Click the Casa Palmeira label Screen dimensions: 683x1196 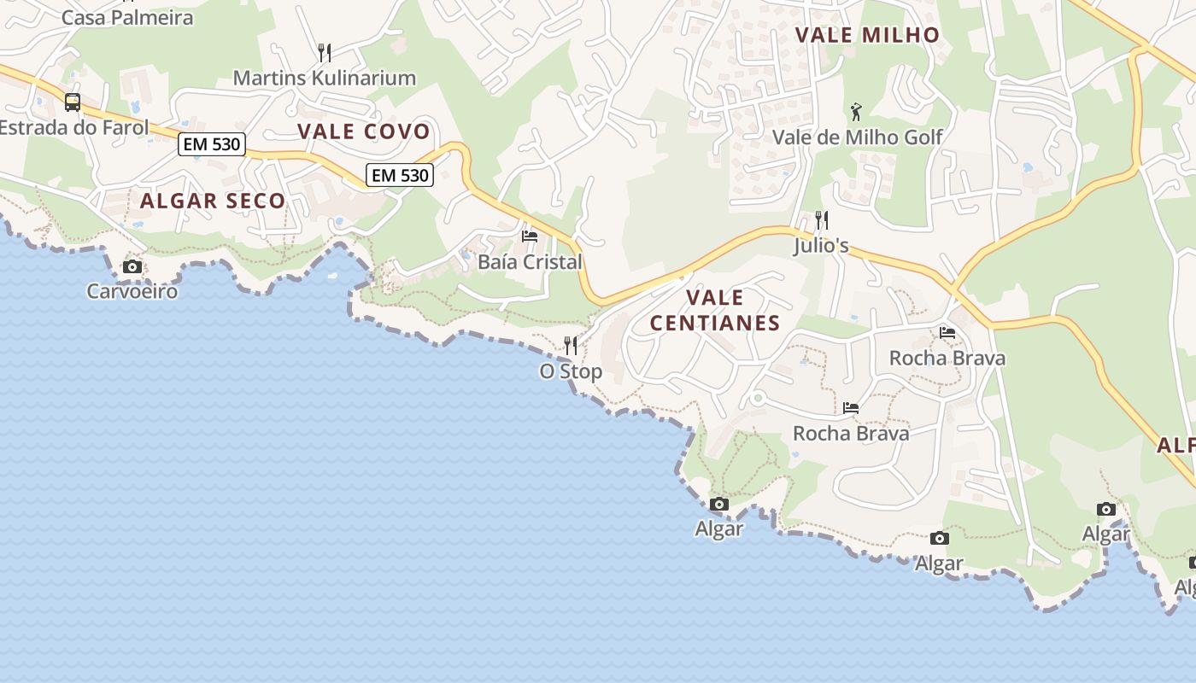[127, 17]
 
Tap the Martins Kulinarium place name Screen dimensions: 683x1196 [324, 78]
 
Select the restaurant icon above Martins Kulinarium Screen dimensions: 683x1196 [324, 53]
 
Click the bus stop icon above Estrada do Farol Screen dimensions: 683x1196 [73, 102]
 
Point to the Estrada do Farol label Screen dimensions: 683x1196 [73, 128]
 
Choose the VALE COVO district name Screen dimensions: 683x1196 [363, 131]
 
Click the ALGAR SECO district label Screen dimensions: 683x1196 [213, 201]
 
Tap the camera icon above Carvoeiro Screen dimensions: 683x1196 [132, 266]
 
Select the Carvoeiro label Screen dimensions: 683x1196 [132, 291]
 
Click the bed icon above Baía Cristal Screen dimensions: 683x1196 [530, 236]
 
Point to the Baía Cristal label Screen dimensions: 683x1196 [530, 262]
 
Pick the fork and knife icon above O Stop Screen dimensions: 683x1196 [571, 346]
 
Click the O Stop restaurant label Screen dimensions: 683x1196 [571, 371]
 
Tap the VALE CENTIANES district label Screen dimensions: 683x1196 [715, 310]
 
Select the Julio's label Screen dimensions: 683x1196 [821, 246]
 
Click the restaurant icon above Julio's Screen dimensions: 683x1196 [821, 220]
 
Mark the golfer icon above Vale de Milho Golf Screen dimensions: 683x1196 [857, 111]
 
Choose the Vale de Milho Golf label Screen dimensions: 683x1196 [857, 137]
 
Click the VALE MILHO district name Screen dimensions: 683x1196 [867, 35]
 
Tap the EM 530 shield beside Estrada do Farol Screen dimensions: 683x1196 [212, 144]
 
